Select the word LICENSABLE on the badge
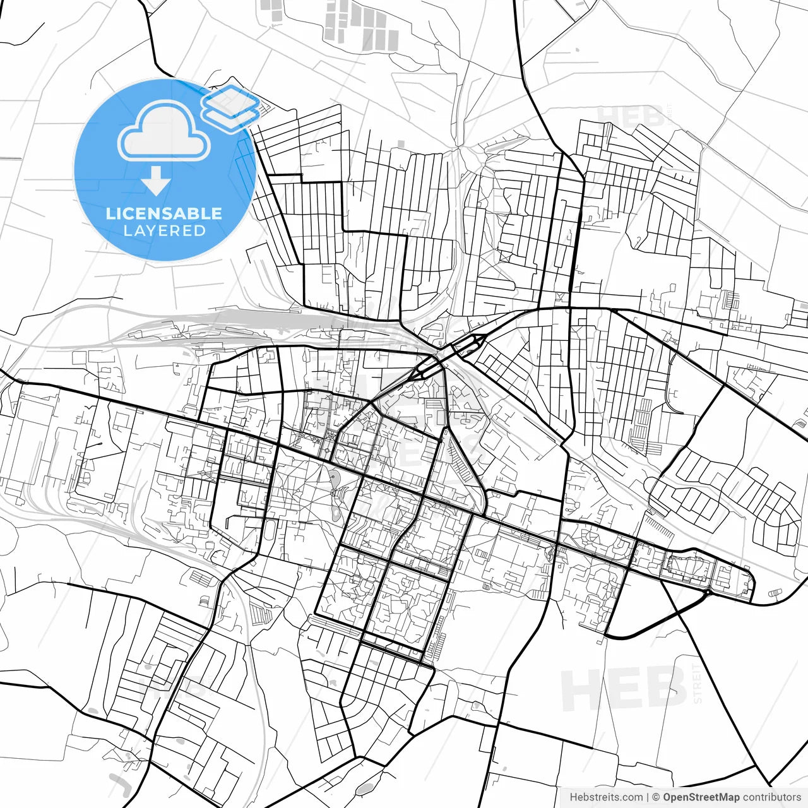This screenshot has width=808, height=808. (x=164, y=213)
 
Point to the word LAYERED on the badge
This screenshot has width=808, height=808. (x=164, y=231)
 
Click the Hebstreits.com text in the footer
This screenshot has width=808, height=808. (x=606, y=797)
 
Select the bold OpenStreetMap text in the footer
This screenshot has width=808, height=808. (x=701, y=797)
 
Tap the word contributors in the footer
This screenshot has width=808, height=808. (x=771, y=797)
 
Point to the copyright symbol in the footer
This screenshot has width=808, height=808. (x=656, y=797)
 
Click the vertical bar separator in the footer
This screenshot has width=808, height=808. (x=648, y=797)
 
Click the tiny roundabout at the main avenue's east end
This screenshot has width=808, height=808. (x=709, y=593)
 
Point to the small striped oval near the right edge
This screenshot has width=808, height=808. (x=776, y=592)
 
